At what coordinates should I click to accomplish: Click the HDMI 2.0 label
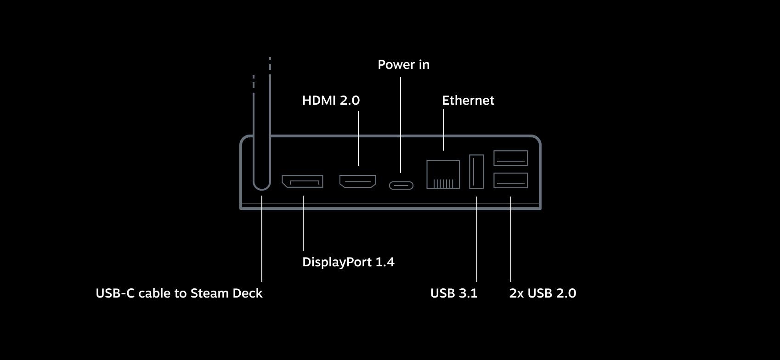(331, 100)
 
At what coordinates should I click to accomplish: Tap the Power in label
(404, 64)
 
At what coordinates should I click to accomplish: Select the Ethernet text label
(468, 100)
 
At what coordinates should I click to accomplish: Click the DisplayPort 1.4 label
(348, 262)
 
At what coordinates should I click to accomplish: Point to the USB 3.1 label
(454, 293)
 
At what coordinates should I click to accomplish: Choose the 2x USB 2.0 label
(543, 293)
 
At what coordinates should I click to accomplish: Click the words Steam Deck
(226, 293)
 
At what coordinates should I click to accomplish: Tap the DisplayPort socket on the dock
(302, 181)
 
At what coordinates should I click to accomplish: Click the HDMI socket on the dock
(358, 181)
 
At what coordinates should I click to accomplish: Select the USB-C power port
(401, 186)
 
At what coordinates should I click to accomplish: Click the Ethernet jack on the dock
(443, 174)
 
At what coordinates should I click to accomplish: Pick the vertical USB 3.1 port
(476, 172)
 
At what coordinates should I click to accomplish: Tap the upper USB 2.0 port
(510, 158)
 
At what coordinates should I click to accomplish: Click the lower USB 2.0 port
(510, 180)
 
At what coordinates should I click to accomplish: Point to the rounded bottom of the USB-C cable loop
(261, 189)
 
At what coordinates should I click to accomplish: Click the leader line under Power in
(401, 124)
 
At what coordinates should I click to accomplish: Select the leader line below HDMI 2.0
(358, 139)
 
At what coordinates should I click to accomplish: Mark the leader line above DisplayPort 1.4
(303, 223)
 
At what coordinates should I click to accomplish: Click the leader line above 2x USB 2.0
(511, 239)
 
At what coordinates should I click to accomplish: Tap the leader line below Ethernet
(444, 130)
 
